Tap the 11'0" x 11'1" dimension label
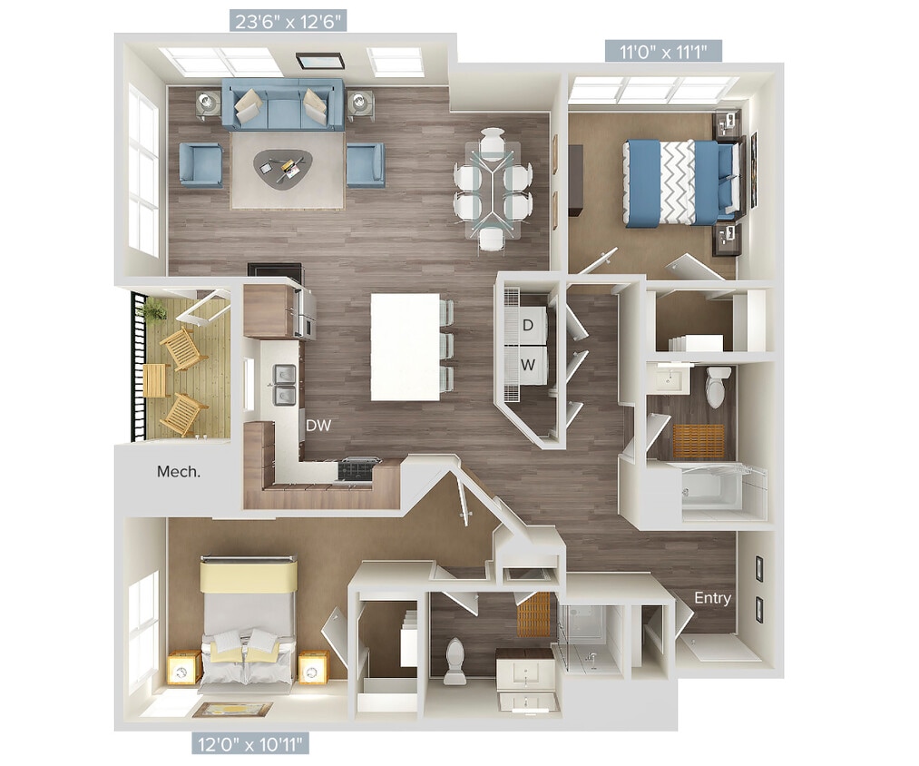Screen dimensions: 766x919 click(664, 50)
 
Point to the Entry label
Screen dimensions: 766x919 click(712, 598)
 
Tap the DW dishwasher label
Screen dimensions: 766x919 click(318, 425)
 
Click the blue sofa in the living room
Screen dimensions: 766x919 click(282, 106)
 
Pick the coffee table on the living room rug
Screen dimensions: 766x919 click(282, 166)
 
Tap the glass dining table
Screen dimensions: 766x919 click(493, 189)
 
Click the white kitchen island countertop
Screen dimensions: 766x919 click(405, 347)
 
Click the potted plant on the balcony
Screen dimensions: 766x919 click(153, 310)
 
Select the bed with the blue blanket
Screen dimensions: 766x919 click(680, 180)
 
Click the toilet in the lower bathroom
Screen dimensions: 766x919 click(455, 662)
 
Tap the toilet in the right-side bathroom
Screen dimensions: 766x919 click(718, 387)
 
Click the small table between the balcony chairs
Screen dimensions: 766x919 click(155, 379)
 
